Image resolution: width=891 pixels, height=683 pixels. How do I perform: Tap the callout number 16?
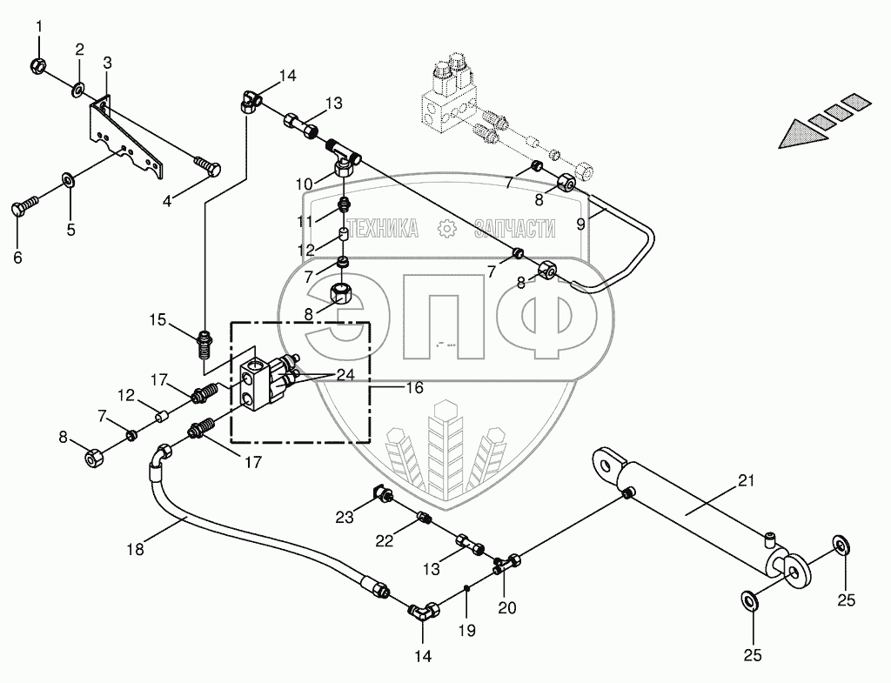click(414, 388)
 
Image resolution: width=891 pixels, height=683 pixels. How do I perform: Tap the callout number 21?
click(747, 480)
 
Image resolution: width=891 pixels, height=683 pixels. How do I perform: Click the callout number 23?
click(345, 517)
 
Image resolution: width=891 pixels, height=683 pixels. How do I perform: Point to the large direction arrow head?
click(797, 133)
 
